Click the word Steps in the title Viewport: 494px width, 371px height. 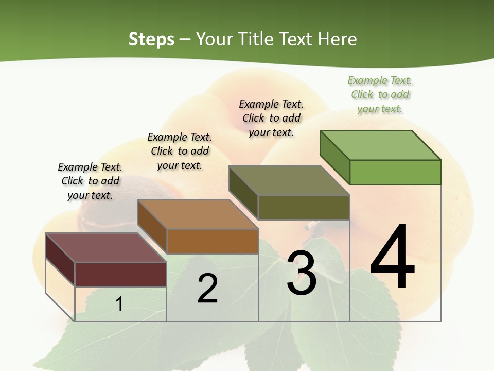[151, 39]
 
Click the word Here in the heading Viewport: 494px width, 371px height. [338, 39]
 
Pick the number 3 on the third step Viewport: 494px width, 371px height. [302, 273]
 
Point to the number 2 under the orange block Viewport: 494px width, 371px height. [207, 289]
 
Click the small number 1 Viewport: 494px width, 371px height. [119, 304]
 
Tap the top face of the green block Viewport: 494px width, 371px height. [381, 145]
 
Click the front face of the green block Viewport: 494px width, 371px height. [395, 172]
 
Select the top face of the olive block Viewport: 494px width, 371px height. [289, 180]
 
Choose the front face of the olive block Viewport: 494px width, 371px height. [304, 207]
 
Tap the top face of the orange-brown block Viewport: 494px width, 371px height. [198, 214]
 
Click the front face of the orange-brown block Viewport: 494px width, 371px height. [213, 241]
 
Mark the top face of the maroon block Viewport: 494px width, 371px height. [105, 248]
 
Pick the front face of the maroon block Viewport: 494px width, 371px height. [120, 274]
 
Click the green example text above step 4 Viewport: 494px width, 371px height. [380, 94]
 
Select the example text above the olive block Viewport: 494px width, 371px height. [271, 118]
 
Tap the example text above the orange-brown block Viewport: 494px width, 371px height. [180, 151]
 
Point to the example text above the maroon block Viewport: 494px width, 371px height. [90, 181]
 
